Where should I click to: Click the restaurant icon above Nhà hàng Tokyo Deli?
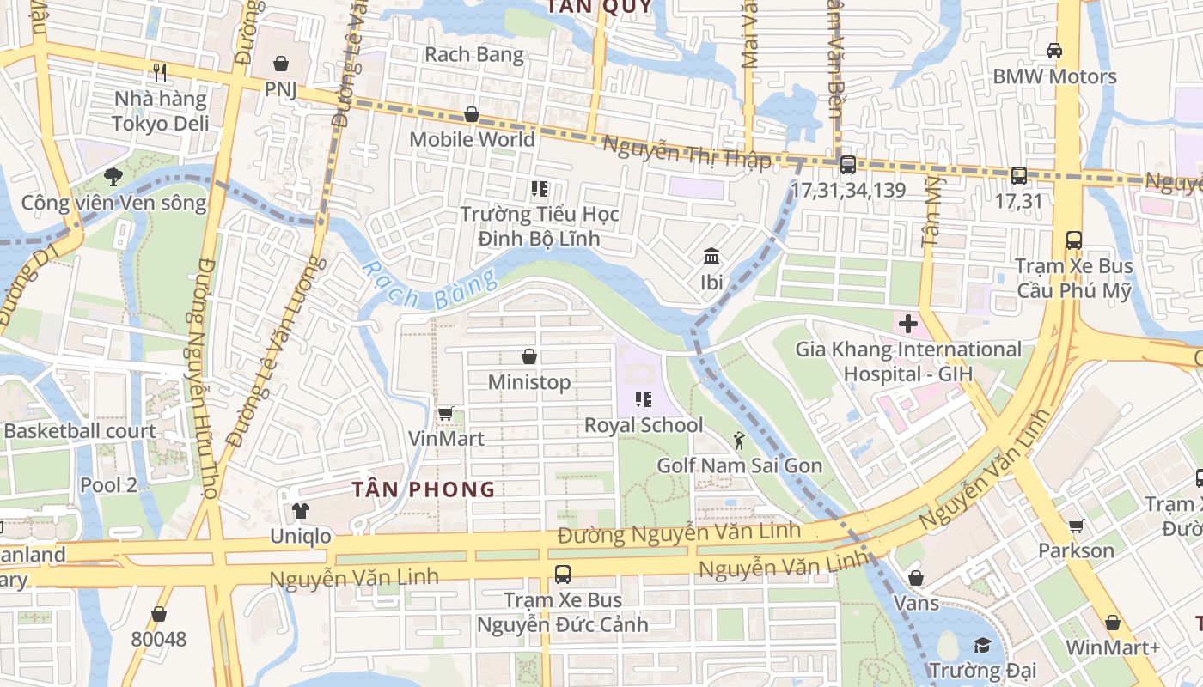coord(159,72)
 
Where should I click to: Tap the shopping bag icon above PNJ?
coord(280,64)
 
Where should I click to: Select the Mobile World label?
coord(472,139)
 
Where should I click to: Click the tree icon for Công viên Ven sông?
coord(113,177)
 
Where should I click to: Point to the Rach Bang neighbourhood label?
coord(473,55)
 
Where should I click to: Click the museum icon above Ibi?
coord(711,256)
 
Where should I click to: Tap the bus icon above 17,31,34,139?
coord(847,164)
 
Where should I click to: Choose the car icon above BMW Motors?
coord(1053,51)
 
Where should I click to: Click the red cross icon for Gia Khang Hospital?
coord(908,325)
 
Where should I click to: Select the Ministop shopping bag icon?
coord(529,356)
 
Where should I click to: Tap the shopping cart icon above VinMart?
coord(445,414)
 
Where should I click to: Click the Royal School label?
coord(644,425)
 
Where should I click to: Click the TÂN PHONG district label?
coord(424,489)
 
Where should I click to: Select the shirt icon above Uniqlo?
coord(300,511)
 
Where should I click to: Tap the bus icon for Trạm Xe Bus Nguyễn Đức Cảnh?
coord(563,575)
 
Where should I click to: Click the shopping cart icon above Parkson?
coord(1076,526)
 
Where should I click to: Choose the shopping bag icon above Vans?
coord(916,578)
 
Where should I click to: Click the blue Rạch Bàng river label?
coord(430,287)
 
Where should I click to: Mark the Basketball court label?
coord(80,431)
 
